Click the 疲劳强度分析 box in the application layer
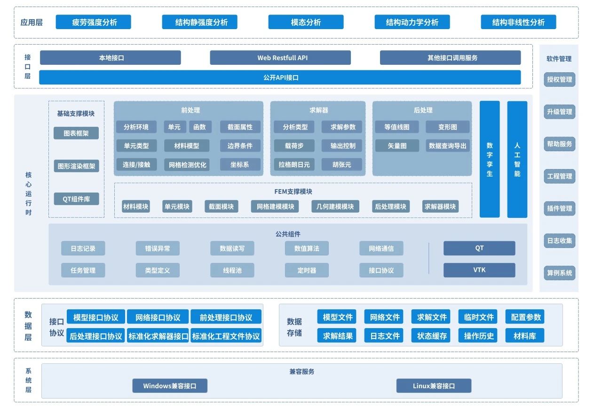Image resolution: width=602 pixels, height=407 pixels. pyautogui.click(x=93, y=22)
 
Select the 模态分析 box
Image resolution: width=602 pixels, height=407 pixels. pyautogui.click(x=306, y=22)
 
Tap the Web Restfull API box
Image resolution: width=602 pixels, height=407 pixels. pyautogui.click(x=280, y=58)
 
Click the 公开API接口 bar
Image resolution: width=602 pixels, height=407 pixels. pyautogui.click(x=280, y=77)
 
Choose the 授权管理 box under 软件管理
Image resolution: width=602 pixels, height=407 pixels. pyautogui.click(x=560, y=79)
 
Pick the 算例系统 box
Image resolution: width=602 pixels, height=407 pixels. pyautogui.click(x=560, y=273)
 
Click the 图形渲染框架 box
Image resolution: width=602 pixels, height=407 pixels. pyautogui.click(x=76, y=166)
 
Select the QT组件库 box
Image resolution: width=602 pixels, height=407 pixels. pyautogui.click(x=76, y=199)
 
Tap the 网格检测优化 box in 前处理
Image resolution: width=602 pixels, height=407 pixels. pyautogui.click(x=187, y=164)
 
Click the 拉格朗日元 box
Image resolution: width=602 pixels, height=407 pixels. pyautogui.click(x=294, y=164)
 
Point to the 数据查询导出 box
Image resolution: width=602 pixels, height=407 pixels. pyautogui.click(x=448, y=146)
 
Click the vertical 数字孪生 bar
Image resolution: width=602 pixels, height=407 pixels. pyautogui.click(x=490, y=159)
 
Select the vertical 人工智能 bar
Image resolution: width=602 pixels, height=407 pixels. pyautogui.click(x=517, y=159)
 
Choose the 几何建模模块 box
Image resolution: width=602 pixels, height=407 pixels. pyautogui.click(x=335, y=206)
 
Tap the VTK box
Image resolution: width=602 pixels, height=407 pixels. pyautogui.click(x=479, y=270)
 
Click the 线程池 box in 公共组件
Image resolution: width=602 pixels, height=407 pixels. pyautogui.click(x=232, y=270)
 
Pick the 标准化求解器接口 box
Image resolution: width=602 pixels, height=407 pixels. pyautogui.click(x=158, y=336)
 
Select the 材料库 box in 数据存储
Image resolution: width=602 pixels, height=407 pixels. pyautogui.click(x=525, y=336)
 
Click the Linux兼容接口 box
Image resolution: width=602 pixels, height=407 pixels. pyautogui.click(x=434, y=386)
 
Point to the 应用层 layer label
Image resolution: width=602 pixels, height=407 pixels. pyautogui.click(x=32, y=22)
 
